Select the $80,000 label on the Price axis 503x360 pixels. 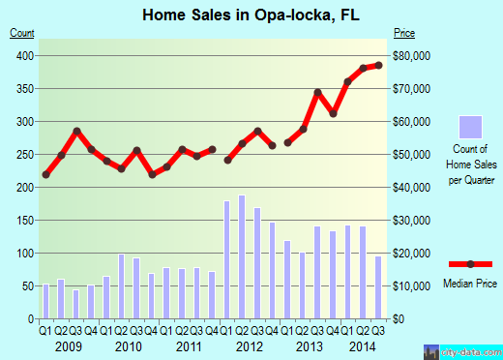coord(412,55)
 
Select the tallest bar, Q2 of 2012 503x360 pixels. coord(242,256)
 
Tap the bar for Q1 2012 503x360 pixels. coord(227,259)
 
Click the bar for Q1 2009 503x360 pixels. coord(46,301)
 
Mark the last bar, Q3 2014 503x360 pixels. coord(378,286)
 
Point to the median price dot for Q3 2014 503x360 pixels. coord(379,65)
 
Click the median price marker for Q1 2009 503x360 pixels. coord(46,174)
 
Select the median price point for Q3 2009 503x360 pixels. coord(76,131)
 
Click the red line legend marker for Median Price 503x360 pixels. coord(471,263)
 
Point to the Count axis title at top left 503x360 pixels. coord(23,33)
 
